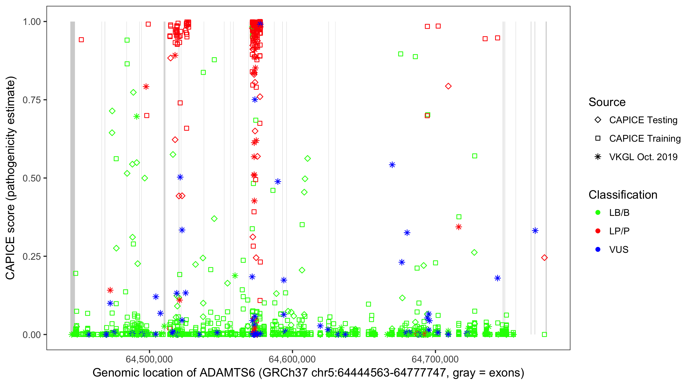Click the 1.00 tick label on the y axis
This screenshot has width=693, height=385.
coord(32,22)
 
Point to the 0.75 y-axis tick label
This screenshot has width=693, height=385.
coord(32,100)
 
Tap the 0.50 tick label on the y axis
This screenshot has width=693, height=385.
coord(32,178)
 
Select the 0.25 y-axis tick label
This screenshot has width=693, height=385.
coord(32,256)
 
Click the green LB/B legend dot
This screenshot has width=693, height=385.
coord(598,213)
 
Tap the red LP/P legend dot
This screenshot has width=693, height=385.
coord(598,231)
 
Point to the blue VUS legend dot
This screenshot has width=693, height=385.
coord(598,249)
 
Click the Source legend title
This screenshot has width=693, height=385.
coord(607,102)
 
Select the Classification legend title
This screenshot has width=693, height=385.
coord(623,195)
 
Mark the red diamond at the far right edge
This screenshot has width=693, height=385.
coord(544,258)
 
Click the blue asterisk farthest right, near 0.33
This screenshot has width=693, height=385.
coord(535,230)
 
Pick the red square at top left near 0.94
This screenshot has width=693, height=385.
coord(81,40)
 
